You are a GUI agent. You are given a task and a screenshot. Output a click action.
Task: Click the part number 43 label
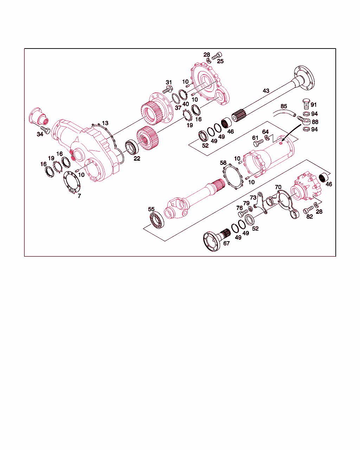coord(266,91)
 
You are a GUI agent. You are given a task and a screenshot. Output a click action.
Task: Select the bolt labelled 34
coord(45,130)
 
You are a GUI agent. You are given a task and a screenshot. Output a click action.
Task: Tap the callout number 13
coord(105,123)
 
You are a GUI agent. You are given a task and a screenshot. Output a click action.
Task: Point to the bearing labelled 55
coord(157,220)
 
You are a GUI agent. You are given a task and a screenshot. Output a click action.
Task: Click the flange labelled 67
coord(217,240)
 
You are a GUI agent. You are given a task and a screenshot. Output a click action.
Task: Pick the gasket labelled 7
coord(72,182)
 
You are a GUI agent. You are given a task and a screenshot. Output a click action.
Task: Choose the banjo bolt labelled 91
coord(306,104)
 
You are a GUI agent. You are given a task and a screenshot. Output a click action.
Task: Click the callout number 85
coord(284,106)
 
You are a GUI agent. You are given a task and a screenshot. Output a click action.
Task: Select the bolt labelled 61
coord(258,143)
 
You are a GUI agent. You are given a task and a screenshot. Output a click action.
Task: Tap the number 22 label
coord(137,159)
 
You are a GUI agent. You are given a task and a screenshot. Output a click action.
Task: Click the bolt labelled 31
coord(168,90)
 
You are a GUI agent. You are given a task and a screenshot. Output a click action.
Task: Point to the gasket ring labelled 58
coord(233,177)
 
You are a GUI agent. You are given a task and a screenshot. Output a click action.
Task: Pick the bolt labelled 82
coord(308,210)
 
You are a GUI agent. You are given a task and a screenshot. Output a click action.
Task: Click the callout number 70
coord(278,187)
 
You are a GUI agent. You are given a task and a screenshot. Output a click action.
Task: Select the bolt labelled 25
coord(217,56)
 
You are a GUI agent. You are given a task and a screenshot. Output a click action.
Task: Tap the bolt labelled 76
coord(243,213)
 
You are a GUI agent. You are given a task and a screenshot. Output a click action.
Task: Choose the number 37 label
coord(178,108)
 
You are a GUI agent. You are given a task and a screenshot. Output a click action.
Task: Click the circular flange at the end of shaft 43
coord(304,78)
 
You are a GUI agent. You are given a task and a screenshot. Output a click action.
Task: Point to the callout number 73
coord(253,198)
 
